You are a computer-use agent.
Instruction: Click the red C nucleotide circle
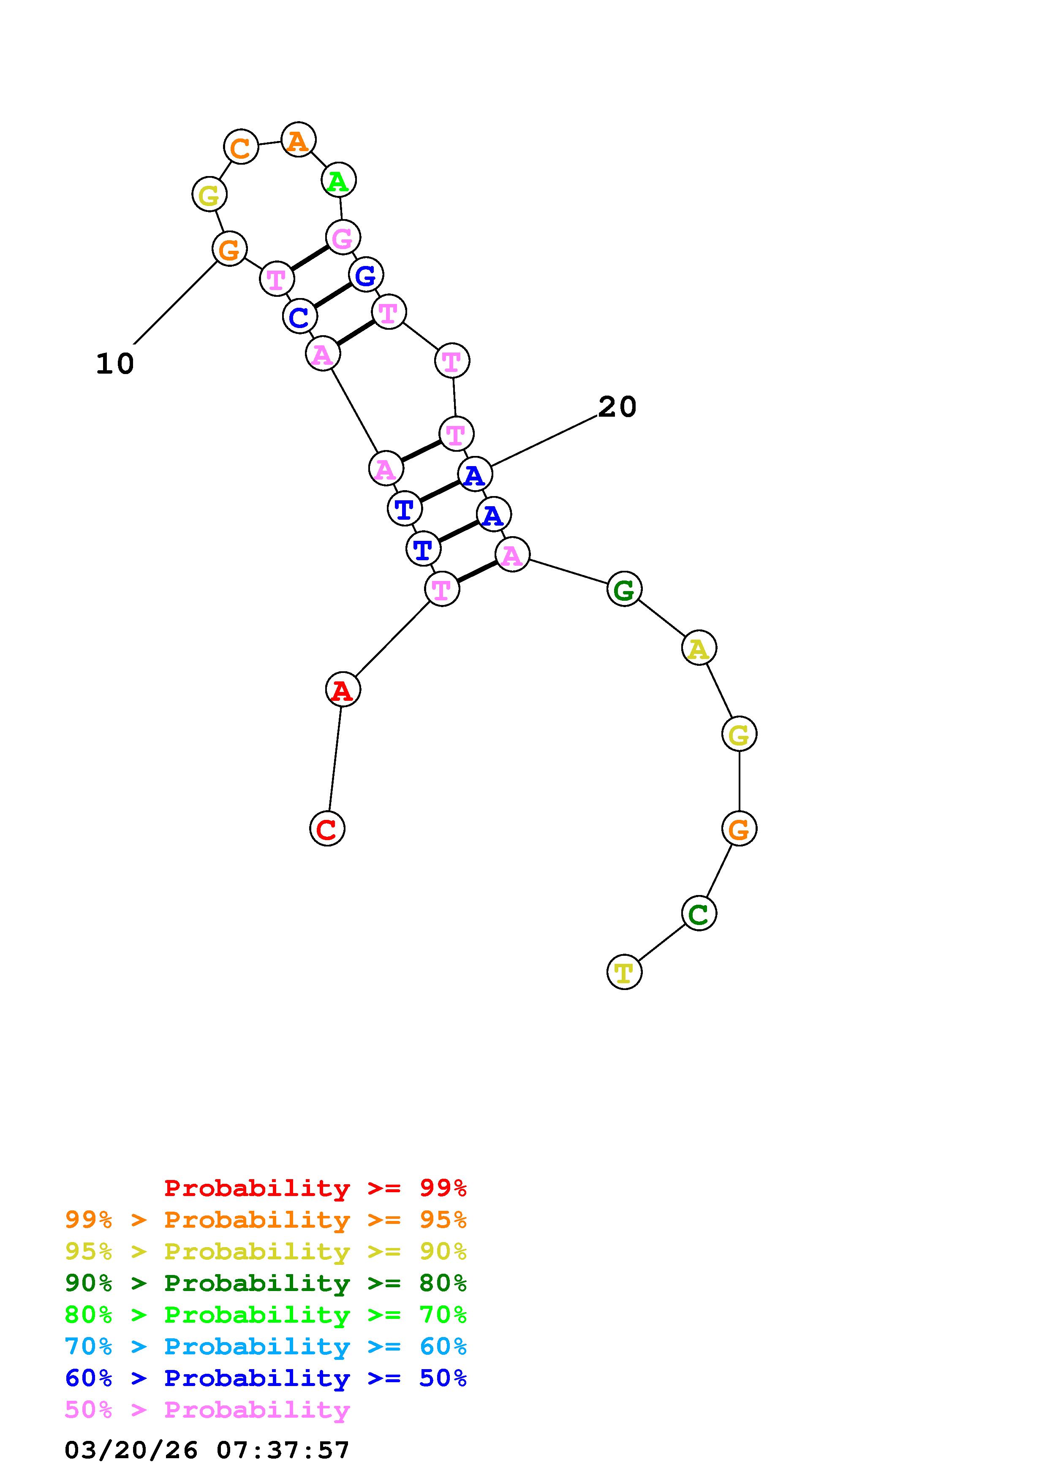(327, 828)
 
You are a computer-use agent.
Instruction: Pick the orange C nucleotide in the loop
(241, 147)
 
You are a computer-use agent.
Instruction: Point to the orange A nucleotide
(298, 140)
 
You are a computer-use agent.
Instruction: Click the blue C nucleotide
(299, 317)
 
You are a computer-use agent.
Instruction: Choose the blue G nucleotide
(366, 275)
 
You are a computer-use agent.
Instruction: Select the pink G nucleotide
(343, 237)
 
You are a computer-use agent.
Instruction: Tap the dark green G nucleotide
(624, 589)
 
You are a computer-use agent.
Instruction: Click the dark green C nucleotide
(699, 913)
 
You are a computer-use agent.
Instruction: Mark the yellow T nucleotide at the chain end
(624, 972)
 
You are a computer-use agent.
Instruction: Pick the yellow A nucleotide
(699, 648)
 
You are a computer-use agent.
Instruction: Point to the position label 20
(617, 407)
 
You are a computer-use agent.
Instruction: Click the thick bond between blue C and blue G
(332, 296)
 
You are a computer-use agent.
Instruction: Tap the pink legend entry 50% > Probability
(207, 1410)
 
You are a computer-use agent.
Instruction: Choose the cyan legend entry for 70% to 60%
(266, 1347)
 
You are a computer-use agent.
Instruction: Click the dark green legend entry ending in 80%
(266, 1283)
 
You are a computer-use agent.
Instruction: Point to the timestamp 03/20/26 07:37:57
(207, 1450)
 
